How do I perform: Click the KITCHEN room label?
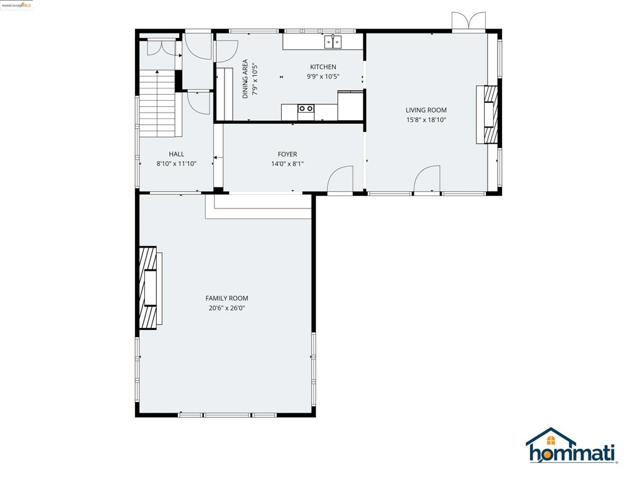323,67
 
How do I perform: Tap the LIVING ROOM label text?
426,110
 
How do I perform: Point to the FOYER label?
287,154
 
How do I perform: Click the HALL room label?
176,154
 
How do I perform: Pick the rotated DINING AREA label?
245,79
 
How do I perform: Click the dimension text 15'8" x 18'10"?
426,120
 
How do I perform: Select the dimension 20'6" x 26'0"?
226,308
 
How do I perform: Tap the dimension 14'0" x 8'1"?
287,164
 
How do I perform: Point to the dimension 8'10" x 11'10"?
176,164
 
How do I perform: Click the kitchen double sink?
333,42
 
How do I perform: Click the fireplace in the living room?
488,114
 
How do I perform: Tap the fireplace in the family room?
149,288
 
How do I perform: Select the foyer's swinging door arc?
340,180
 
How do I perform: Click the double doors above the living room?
468,22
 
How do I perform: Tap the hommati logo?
571,447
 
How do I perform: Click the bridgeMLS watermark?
16,5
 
